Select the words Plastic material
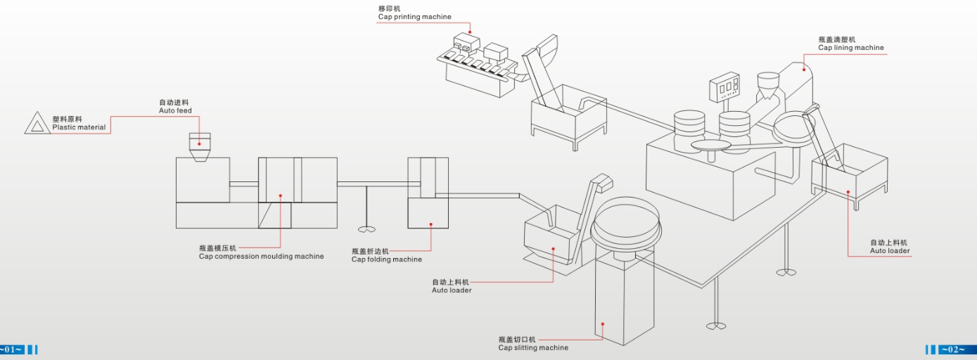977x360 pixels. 79,127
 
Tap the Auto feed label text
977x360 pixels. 175,110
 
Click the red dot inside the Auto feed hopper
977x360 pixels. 200,143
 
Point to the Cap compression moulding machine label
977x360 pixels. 261,257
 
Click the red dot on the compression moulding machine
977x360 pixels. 280,196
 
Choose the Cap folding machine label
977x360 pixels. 386,259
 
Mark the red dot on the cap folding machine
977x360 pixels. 430,225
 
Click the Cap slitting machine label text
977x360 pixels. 533,347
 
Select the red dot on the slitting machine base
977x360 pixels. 603,323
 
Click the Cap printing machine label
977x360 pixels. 414,17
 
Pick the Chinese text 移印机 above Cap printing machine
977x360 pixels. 389,8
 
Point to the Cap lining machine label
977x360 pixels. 850,48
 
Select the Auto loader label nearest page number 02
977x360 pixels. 889,251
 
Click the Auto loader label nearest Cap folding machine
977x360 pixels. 451,290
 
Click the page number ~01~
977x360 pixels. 12,349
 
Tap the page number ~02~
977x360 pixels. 953,349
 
